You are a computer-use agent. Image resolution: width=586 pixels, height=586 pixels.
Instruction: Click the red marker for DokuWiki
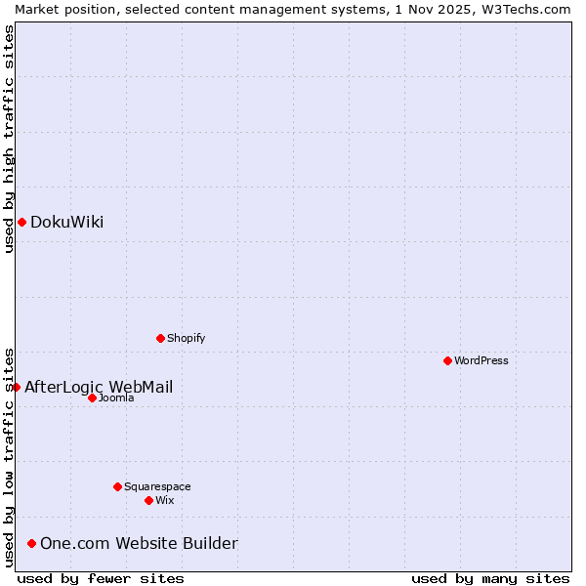(x=21, y=223)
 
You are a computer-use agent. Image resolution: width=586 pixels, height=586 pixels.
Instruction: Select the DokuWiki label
(x=66, y=223)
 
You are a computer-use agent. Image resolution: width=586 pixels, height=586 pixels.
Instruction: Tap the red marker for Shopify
(x=160, y=339)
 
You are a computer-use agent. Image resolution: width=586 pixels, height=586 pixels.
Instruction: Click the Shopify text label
(x=186, y=339)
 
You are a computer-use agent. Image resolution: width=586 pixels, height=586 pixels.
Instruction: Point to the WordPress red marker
(x=447, y=361)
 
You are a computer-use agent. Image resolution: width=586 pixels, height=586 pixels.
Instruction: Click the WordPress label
(x=481, y=361)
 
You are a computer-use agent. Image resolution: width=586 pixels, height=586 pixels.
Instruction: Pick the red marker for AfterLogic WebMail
(x=17, y=388)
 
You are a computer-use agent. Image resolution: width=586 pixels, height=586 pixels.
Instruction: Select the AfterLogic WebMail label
(x=99, y=388)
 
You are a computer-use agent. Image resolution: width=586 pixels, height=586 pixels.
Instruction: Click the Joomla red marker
(x=92, y=398)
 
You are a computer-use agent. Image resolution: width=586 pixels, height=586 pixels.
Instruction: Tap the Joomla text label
(x=116, y=398)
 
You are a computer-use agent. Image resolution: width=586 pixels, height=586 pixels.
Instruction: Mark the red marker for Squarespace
(x=117, y=486)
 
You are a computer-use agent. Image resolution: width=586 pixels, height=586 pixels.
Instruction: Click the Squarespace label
(x=157, y=487)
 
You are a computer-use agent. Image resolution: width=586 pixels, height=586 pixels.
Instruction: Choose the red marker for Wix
(x=148, y=501)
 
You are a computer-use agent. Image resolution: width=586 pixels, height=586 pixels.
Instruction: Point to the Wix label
(x=165, y=501)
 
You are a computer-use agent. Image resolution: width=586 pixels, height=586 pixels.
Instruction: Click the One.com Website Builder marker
(x=32, y=544)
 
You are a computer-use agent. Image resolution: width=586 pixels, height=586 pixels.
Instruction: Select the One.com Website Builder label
(x=139, y=544)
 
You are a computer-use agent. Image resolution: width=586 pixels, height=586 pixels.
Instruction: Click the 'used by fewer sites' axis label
(x=101, y=579)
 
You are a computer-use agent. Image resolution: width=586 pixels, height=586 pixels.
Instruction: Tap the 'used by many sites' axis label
(x=490, y=579)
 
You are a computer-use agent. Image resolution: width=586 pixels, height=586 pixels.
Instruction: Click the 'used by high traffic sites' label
(x=9, y=139)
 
